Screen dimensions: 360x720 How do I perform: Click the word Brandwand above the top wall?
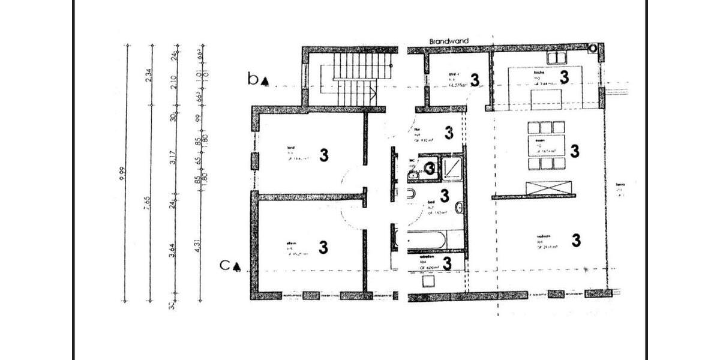point(449,41)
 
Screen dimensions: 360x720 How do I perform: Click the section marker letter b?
point(253,78)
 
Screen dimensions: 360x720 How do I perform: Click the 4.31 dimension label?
point(198,246)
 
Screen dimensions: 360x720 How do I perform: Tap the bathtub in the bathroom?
point(426,240)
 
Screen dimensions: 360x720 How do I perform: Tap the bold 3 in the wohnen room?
point(576,241)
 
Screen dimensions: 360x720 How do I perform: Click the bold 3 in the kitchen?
point(563,77)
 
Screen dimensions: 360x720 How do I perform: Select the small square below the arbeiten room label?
point(428,281)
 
